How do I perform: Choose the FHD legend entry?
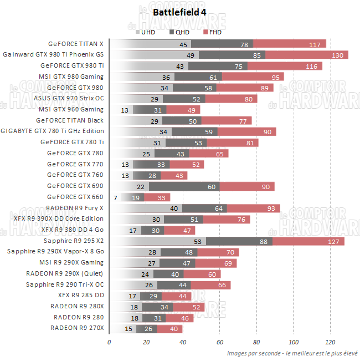click(x=213, y=32)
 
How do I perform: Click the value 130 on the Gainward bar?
click(x=336, y=55)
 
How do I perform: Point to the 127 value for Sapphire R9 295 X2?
click(x=333, y=241)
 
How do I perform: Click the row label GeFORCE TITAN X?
click(x=76, y=44)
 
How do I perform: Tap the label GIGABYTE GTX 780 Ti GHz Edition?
click(x=53, y=131)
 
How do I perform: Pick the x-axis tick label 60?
click(x=220, y=342)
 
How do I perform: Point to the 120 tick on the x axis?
click(x=331, y=342)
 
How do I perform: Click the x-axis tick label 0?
click(x=109, y=342)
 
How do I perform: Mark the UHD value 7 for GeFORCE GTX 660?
click(x=115, y=197)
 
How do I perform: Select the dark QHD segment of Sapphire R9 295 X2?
click(x=239, y=241)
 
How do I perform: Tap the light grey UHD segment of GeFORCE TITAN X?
click(x=150, y=44)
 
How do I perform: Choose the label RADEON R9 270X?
click(x=77, y=328)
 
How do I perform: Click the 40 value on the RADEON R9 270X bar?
click(x=174, y=329)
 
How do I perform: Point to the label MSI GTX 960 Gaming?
click(x=71, y=110)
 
